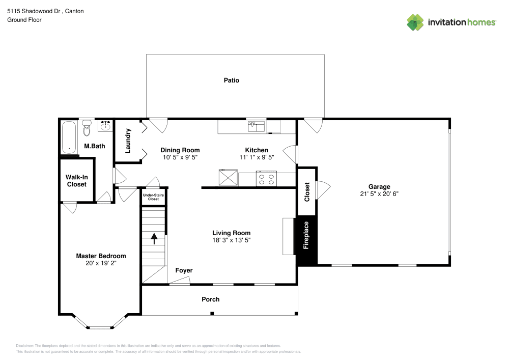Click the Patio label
(231, 80)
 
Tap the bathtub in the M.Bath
(69, 137)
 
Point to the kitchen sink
(256, 126)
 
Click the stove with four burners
(266, 179)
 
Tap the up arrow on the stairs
(154, 236)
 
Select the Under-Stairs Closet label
(154, 197)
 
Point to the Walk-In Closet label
(77, 180)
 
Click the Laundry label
(128, 141)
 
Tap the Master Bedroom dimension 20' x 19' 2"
(101, 263)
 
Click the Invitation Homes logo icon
(415, 22)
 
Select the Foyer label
(184, 270)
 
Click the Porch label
(210, 299)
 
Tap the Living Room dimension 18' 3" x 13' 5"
(232, 240)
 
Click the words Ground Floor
(24, 20)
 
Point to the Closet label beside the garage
(307, 192)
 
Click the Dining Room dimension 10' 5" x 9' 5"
(180, 157)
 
